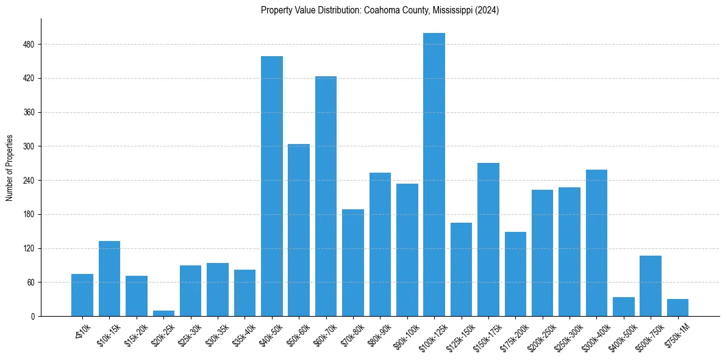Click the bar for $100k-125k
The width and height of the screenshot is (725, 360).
434,175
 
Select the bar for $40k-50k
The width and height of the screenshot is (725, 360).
272,186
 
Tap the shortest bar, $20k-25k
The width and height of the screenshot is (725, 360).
163,314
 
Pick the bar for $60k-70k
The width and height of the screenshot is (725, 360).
326,196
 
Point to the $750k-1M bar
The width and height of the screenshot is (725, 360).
677,308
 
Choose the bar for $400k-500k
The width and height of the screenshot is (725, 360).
624,307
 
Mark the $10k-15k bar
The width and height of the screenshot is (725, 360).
110,279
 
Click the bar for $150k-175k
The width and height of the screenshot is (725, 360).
488,240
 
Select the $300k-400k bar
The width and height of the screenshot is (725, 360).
596,243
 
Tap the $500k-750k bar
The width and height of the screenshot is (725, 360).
651,286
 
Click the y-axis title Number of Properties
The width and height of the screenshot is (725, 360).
9,168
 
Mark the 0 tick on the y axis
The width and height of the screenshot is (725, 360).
33,317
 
